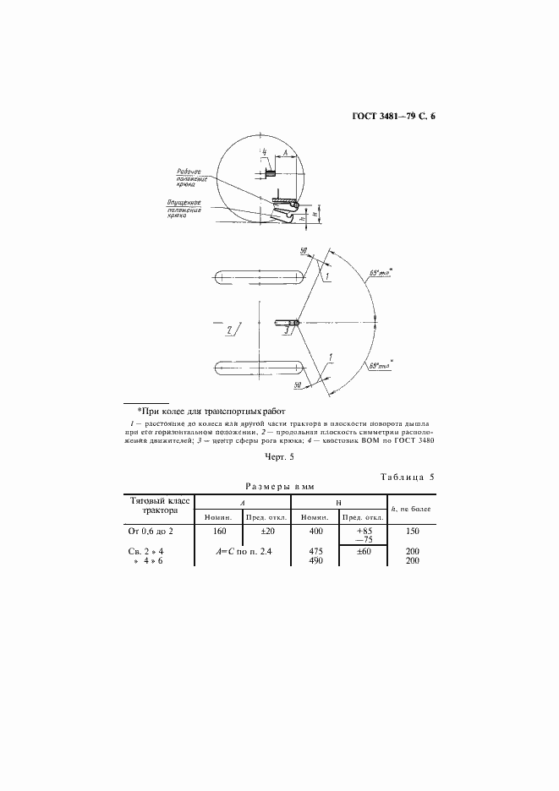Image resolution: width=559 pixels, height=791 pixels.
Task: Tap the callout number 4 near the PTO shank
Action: click(265, 154)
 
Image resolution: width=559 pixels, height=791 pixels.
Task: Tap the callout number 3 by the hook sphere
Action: click(287, 330)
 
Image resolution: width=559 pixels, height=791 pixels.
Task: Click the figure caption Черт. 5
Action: click(279, 458)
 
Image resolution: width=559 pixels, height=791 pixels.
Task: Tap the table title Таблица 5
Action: click(408, 477)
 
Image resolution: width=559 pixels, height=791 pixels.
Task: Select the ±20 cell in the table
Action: click(266, 532)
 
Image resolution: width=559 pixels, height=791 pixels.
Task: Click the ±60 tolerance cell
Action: click(363, 551)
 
